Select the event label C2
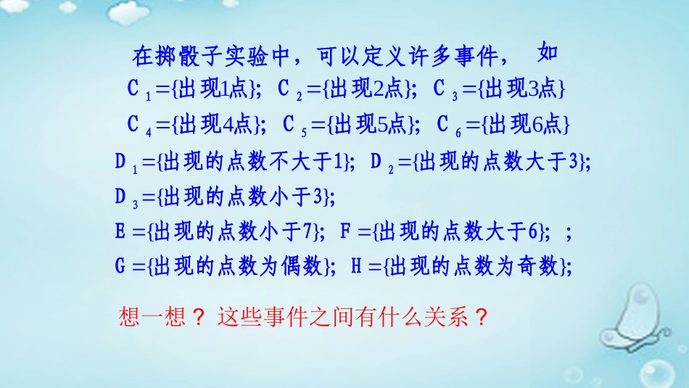[x=289, y=90]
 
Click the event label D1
[x=125, y=162]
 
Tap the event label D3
[x=125, y=197]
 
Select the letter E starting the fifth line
[x=120, y=232]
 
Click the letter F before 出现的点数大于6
[x=346, y=232]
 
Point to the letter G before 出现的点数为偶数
[x=120, y=267]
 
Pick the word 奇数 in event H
[x=540, y=267]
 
